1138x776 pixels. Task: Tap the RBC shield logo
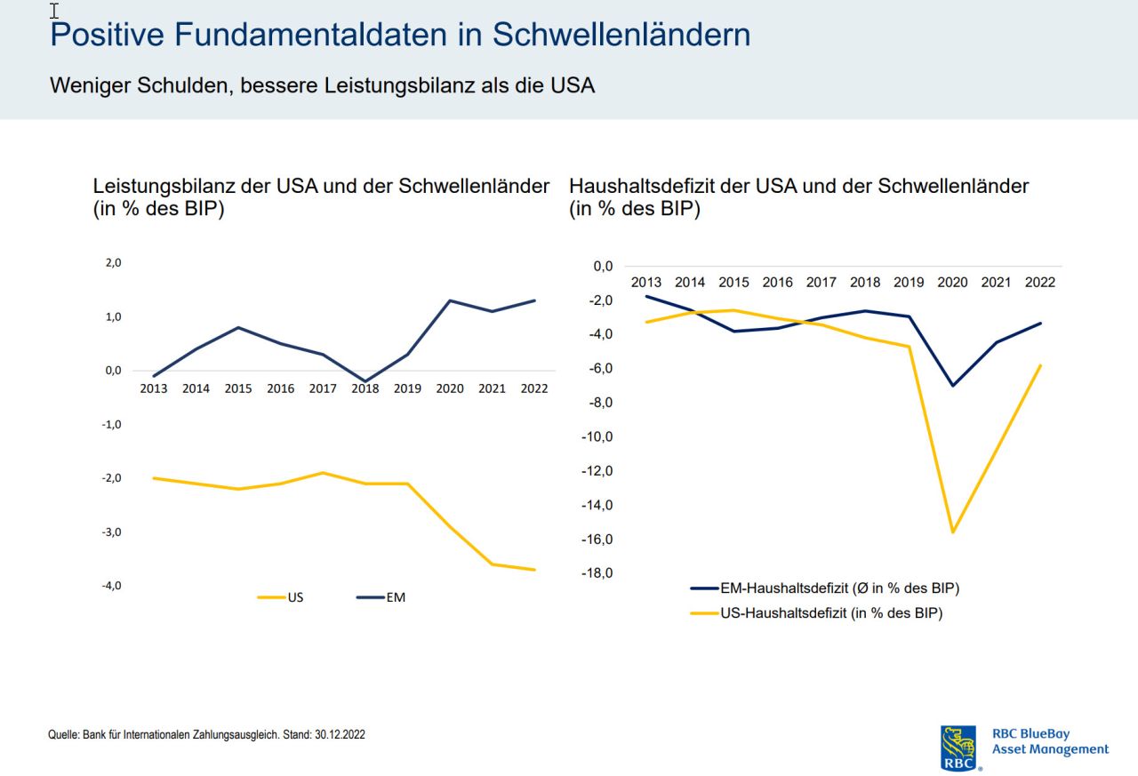point(958,748)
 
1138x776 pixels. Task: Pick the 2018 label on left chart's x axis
point(365,388)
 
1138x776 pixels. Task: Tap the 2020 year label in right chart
point(952,283)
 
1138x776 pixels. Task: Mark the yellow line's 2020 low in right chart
point(953,532)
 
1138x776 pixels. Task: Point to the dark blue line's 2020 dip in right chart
point(953,385)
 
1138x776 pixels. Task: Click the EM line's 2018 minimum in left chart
point(365,381)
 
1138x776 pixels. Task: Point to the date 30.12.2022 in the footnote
point(340,735)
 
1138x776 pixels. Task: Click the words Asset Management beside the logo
point(1050,749)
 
